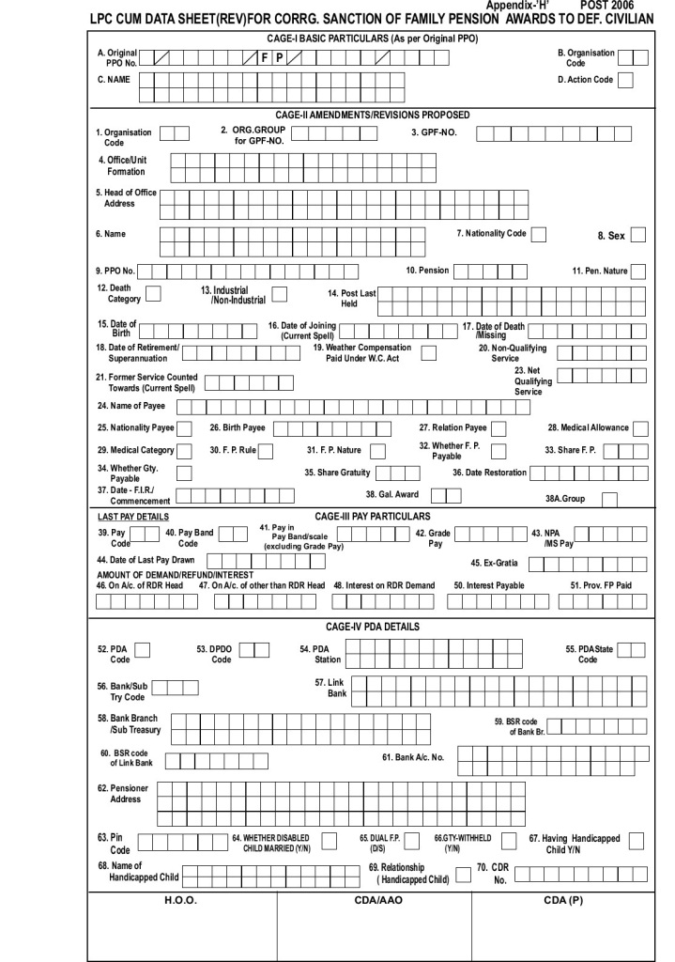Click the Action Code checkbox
(625, 80)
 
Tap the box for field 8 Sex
(639, 235)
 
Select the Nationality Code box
(539, 234)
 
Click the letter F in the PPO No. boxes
(266, 58)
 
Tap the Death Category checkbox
(154, 294)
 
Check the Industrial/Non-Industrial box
(279, 294)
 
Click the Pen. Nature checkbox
(638, 272)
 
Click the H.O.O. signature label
(181, 900)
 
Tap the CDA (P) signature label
(562, 900)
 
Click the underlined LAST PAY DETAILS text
(134, 517)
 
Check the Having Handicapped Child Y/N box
(637, 840)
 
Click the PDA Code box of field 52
(143, 650)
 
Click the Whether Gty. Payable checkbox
(185, 473)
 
